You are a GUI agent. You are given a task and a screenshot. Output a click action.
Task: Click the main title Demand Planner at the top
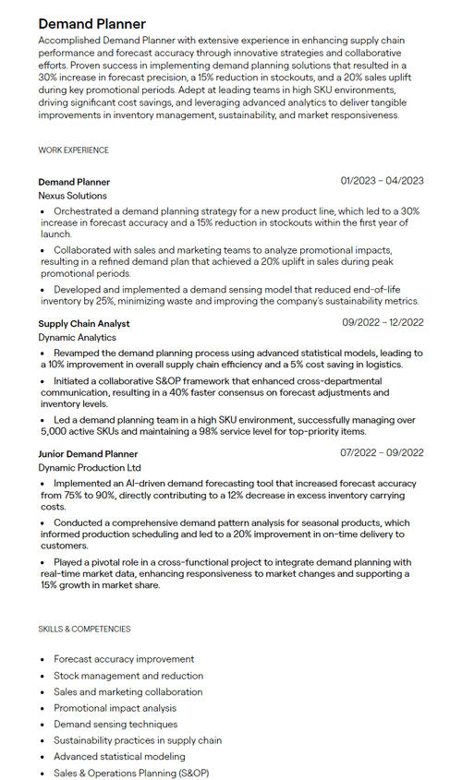click(x=91, y=23)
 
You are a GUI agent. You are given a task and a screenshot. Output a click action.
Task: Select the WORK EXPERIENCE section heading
click(x=73, y=150)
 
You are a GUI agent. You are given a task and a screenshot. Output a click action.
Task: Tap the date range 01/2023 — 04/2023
click(x=382, y=181)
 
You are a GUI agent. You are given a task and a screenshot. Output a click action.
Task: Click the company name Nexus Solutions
click(x=72, y=196)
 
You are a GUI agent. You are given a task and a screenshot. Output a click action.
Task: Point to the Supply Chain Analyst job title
click(x=83, y=323)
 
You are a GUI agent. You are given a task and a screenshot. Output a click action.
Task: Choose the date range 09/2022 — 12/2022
click(x=383, y=322)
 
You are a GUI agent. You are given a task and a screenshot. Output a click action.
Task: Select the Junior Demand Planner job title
click(x=88, y=453)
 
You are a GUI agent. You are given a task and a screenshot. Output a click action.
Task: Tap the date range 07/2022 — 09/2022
click(x=382, y=452)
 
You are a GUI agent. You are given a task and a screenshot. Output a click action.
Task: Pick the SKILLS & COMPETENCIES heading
click(x=84, y=629)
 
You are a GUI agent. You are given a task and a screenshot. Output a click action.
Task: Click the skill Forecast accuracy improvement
click(x=124, y=659)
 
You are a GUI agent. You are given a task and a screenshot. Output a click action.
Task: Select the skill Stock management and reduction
click(x=128, y=676)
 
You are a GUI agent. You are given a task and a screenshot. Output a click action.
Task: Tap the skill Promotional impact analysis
click(x=115, y=708)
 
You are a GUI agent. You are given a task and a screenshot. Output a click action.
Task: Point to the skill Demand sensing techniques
click(x=115, y=725)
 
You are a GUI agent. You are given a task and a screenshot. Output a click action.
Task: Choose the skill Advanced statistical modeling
click(x=119, y=757)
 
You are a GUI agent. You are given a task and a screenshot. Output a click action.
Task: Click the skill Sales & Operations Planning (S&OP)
click(x=131, y=773)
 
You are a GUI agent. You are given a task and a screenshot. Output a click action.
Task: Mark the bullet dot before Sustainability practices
click(x=43, y=741)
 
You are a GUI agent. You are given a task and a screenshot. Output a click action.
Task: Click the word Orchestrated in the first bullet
click(x=82, y=211)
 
